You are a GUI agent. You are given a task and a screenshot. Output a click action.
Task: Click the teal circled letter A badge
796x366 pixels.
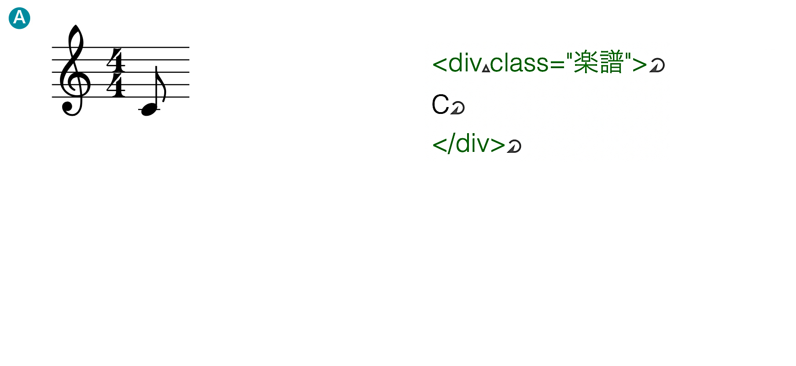pyautogui.click(x=19, y=18)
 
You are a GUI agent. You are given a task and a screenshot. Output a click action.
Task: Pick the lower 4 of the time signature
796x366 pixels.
pyautogui.click(x=116, y=85)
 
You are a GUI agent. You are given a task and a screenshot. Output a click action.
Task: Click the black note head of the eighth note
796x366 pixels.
pyautogui.click(x=149, y=109)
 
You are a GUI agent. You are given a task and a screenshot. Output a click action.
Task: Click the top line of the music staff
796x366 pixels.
pyautogui.click(x=120, y=47)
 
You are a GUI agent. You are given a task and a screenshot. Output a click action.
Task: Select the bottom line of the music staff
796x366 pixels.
pyautogui.click(x=120, y=97)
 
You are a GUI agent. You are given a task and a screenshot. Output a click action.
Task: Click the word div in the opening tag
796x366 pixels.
pyautogui.click(x=465, y=62)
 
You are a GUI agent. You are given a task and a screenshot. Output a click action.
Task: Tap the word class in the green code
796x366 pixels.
pyautogui.click(x=519, y=63)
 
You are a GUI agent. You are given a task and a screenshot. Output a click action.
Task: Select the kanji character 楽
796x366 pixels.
pyautogui.click(x=586, y=62)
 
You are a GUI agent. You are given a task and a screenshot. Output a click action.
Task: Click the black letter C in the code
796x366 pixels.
pyautogui.click(x=441, y=104)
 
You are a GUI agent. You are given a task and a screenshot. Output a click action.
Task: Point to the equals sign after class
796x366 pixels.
pyautogui.click(x=558, y=63)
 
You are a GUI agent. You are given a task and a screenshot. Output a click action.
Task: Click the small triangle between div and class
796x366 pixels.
pyautogui.click(x=486, y=68)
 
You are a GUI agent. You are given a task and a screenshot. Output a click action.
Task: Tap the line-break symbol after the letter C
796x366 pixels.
pyautogui.click(x=457, y=108)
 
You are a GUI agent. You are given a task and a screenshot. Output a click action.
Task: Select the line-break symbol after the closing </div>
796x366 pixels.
pyautogui.click(x=514, y=146)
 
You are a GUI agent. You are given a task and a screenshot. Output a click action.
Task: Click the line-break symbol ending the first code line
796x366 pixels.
pyautogui.click(x=657, y=66)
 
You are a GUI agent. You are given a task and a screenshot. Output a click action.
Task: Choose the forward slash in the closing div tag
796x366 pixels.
pyautogui.click(x=452, y=144)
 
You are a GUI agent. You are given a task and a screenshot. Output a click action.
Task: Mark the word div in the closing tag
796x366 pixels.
pyautogui.click(x=473, y=144)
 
